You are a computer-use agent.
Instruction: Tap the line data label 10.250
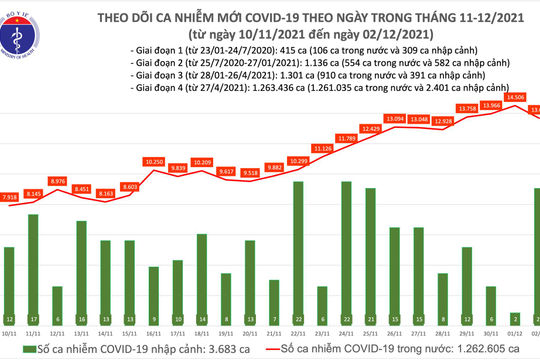tap(153, 162)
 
